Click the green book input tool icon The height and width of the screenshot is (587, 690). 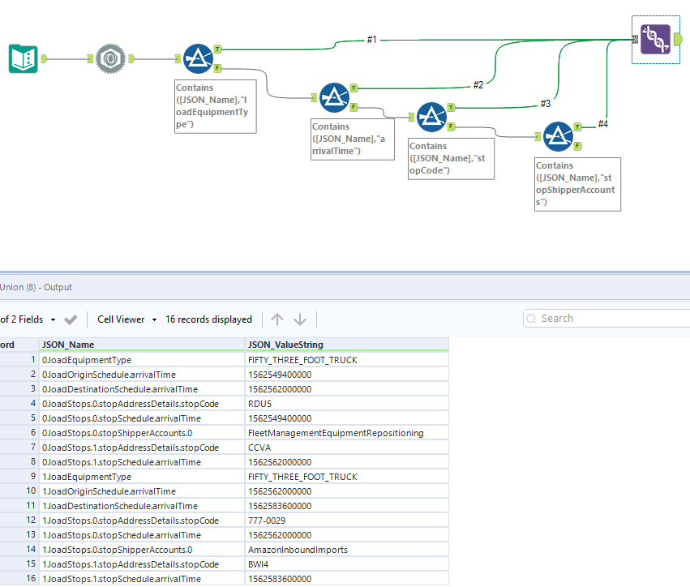24,58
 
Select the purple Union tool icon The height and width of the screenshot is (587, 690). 654,39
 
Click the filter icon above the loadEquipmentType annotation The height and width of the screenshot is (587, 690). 196,58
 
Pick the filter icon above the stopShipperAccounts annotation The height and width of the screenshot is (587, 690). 558,136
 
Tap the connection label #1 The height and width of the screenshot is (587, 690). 371,39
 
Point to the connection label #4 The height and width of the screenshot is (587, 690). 602,123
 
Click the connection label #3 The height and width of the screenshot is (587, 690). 545,103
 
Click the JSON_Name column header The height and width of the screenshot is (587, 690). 68,344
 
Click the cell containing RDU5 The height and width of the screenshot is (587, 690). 259,404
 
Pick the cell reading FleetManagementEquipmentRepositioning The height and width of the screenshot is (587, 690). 335,433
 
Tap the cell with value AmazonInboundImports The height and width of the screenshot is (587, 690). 297,550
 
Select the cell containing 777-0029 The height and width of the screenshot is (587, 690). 266,521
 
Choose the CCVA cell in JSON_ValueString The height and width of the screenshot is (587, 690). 259,448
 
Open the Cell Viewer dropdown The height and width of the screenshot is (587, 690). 126,319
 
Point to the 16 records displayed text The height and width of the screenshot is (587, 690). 208,319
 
